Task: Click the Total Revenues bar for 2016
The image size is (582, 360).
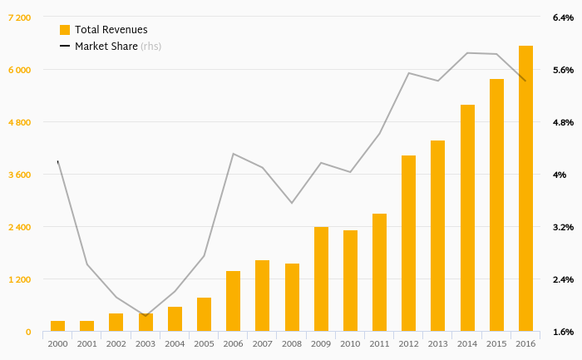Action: pyautogui.click(x=525, y=189)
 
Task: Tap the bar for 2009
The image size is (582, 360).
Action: pyautogui.click(x=321, y=279)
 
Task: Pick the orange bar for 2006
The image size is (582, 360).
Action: pyautogui.click(x=233, y=301)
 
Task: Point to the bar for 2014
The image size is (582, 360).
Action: pyautogui.click(x=467, y=218)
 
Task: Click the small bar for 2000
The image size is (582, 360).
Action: pyautogui.click(x=57, y=326)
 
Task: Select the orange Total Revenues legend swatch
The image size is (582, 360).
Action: pyautogui.click(x=65, y=30)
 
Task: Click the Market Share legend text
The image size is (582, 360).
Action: pyautogui.click(x=106, y=47)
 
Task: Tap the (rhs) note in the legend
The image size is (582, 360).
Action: pyautogui.click(x=150, y=47)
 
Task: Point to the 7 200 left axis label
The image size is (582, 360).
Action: pyautogui.click(x=19, y=17)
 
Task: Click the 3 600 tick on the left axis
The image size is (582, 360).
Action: pyautogui.click(x=19, y=175)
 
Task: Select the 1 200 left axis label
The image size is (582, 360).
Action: pyautogui.click(x=19, y=279)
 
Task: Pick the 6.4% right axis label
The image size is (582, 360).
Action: pyautogui.click(x=563, y=17)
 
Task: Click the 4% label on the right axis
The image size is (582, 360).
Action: pyautogui.click(x=560, y=175)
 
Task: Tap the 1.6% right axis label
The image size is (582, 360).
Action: pyautogui.click(x=563, y=332)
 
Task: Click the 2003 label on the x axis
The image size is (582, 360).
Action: pyautogui.click(x=145, y=343)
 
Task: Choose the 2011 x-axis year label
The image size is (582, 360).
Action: pyautogui.click(x=379, y=343)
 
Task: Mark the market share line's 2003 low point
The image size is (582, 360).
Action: pyautogui.click(x=145, y=316)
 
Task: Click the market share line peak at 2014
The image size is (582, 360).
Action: pyautogui.click(x=467, y=53)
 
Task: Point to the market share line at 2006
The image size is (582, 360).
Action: pyautogui.click(x=233, y=154)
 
